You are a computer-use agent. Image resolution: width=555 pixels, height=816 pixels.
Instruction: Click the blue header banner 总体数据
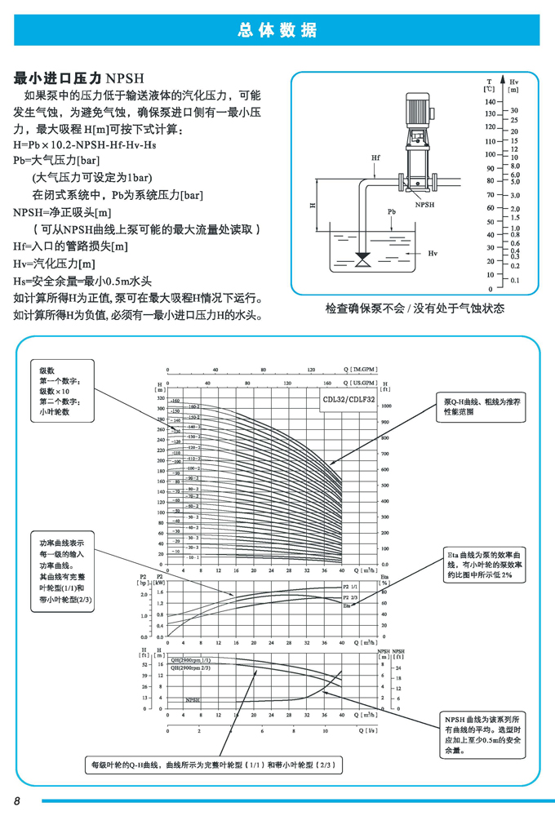click(277, 30)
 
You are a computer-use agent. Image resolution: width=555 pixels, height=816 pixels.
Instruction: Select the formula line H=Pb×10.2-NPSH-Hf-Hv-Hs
click(85, 144)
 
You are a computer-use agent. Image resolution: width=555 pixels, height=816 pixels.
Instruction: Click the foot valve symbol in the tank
click(362, 260)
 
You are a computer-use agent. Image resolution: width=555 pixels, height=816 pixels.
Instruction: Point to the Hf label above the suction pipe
click(375, 156)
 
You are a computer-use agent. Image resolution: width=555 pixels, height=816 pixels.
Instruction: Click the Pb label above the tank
click(392, 211)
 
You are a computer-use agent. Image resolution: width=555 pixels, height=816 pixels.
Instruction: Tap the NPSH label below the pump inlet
click(425, 206)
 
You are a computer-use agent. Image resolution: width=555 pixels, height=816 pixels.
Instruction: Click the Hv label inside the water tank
click(433, 254)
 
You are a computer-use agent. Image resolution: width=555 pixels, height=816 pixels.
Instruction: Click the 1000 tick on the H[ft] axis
click(388, 405)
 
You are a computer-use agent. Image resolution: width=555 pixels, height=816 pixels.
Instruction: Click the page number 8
click(16, 799)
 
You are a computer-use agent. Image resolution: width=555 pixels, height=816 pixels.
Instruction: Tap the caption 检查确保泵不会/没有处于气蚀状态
click(415, 308)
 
